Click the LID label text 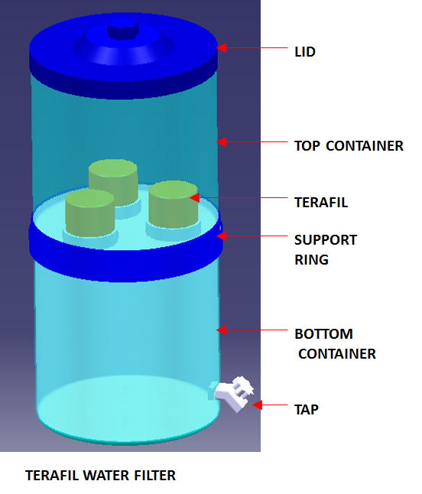click(x=305, y=52)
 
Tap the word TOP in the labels click(x=307, y=146)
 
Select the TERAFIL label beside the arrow click(x=321, y=202)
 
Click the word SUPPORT click(x=326, y=240)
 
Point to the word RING click(x=311, y=260)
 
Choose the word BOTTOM click(x=323, y=334)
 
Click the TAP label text click(x=307, y=410)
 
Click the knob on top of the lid click(x=123, y=29)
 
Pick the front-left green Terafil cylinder click(x=90, y=213)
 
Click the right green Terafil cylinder click(x=174, y=204)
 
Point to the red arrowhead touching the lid click(x=222, y=48)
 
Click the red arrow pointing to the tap click(x=270, y=405)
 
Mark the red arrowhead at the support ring click(x=222, y=236)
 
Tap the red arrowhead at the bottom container click(x=222, y=330)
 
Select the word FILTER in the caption click(x=155, y=476)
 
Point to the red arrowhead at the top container click(x=222, y=141)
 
